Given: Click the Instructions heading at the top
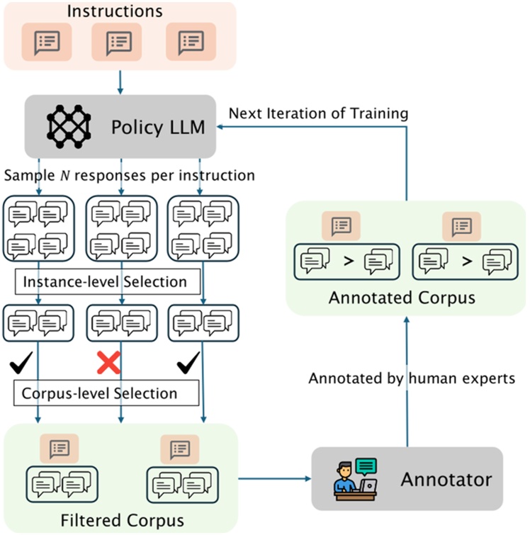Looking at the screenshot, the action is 115,11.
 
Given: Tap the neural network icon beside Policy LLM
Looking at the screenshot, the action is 69,127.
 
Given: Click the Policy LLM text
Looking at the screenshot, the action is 158,128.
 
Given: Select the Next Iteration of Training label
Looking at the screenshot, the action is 318,113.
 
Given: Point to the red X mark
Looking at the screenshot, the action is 108,362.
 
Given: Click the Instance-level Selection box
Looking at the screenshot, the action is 108,281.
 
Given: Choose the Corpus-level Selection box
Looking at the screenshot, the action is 106,393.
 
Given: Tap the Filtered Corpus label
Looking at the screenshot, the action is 122,521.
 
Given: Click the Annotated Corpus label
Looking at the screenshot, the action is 402,298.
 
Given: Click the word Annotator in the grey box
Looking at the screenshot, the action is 446,480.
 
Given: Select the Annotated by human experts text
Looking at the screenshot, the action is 412,378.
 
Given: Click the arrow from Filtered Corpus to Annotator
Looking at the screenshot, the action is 275,479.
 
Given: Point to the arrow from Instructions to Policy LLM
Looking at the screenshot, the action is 120,82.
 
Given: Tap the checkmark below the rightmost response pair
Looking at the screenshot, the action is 188,363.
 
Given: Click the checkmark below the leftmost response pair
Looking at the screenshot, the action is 21,362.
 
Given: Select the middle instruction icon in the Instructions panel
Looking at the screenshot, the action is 117,42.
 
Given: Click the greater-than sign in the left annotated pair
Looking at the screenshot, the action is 349,261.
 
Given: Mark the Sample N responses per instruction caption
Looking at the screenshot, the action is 130,175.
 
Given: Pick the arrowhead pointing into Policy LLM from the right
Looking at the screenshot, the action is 220,127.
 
